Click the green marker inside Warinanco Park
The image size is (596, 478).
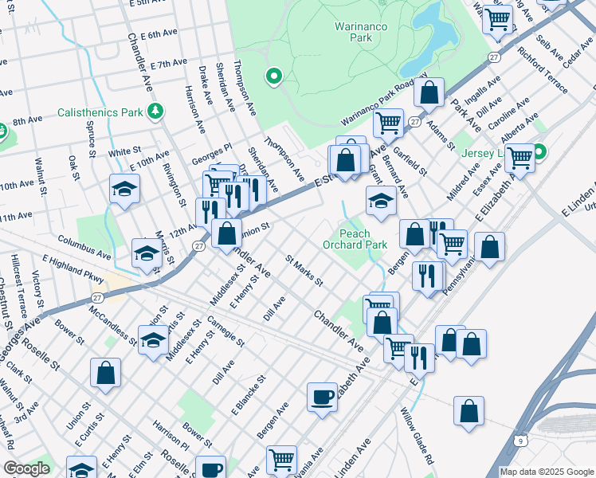click(273, 76)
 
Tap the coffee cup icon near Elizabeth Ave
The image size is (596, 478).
click(322, 397)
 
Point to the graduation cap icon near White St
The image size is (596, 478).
click(124, 190)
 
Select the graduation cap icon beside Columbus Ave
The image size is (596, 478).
click(147, 253)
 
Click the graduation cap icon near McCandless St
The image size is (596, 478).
click(153, 340)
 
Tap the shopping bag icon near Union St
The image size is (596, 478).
click(105, 373)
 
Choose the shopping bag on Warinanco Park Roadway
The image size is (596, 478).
click(429, 92)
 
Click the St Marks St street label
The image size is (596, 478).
click(304, 270)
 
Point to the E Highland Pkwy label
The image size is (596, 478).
click(73, 270)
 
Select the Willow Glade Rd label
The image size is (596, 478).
click(417, 437)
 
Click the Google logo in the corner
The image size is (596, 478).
click(26, 468)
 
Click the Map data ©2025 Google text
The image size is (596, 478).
click(546, 472)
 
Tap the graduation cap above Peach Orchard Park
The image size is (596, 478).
click(381, 201)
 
